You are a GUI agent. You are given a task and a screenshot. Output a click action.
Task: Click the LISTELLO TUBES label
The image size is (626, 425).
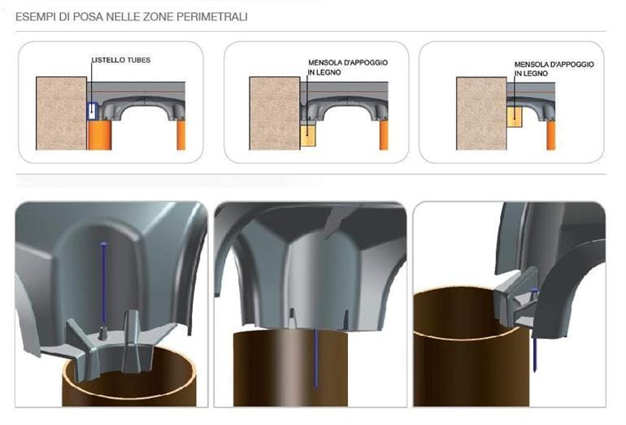120,60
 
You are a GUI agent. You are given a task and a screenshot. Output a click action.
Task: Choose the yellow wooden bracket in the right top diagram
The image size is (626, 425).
515,116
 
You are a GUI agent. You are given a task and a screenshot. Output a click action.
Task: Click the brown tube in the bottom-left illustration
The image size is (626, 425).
130,391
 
